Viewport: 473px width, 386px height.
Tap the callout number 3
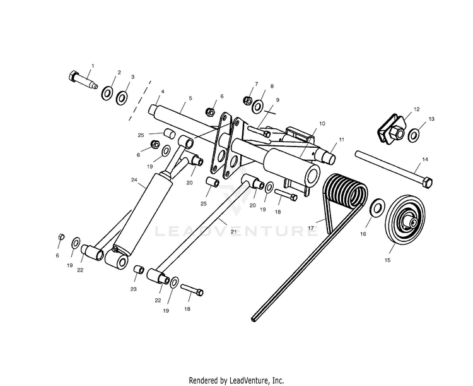coord(132,77)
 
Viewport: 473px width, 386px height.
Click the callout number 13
coord(431,119)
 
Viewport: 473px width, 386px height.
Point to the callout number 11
coord(341,138)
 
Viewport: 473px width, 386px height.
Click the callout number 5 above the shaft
coord(190,99)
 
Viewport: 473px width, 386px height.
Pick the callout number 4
coord(162,92)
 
